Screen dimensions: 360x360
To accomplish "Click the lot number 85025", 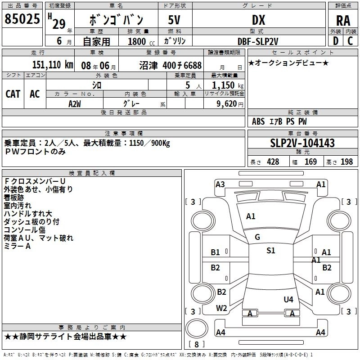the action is tap(22, 19).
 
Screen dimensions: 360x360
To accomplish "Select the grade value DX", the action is tap(258, 20).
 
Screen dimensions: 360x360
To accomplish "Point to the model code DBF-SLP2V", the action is tap(258, 41).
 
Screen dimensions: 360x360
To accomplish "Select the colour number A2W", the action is tap(75, 103).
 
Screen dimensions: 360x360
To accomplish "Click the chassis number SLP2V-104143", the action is tap(302, 143).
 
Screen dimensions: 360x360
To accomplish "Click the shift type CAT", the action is tap(13, 94).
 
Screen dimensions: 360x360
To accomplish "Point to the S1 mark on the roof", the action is tap(270, 251).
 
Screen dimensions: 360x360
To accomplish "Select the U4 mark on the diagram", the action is tap(288, 299).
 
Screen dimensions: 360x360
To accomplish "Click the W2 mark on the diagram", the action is tap(221, 308).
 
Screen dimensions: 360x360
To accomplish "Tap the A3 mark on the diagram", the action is tap(220, 184).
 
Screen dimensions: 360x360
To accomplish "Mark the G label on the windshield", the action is tap(257, 237).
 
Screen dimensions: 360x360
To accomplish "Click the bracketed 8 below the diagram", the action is tap(196, 345).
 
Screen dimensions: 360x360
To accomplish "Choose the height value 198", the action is tap(347, 162).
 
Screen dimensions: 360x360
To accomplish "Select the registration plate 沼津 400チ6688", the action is tap(170, 65).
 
